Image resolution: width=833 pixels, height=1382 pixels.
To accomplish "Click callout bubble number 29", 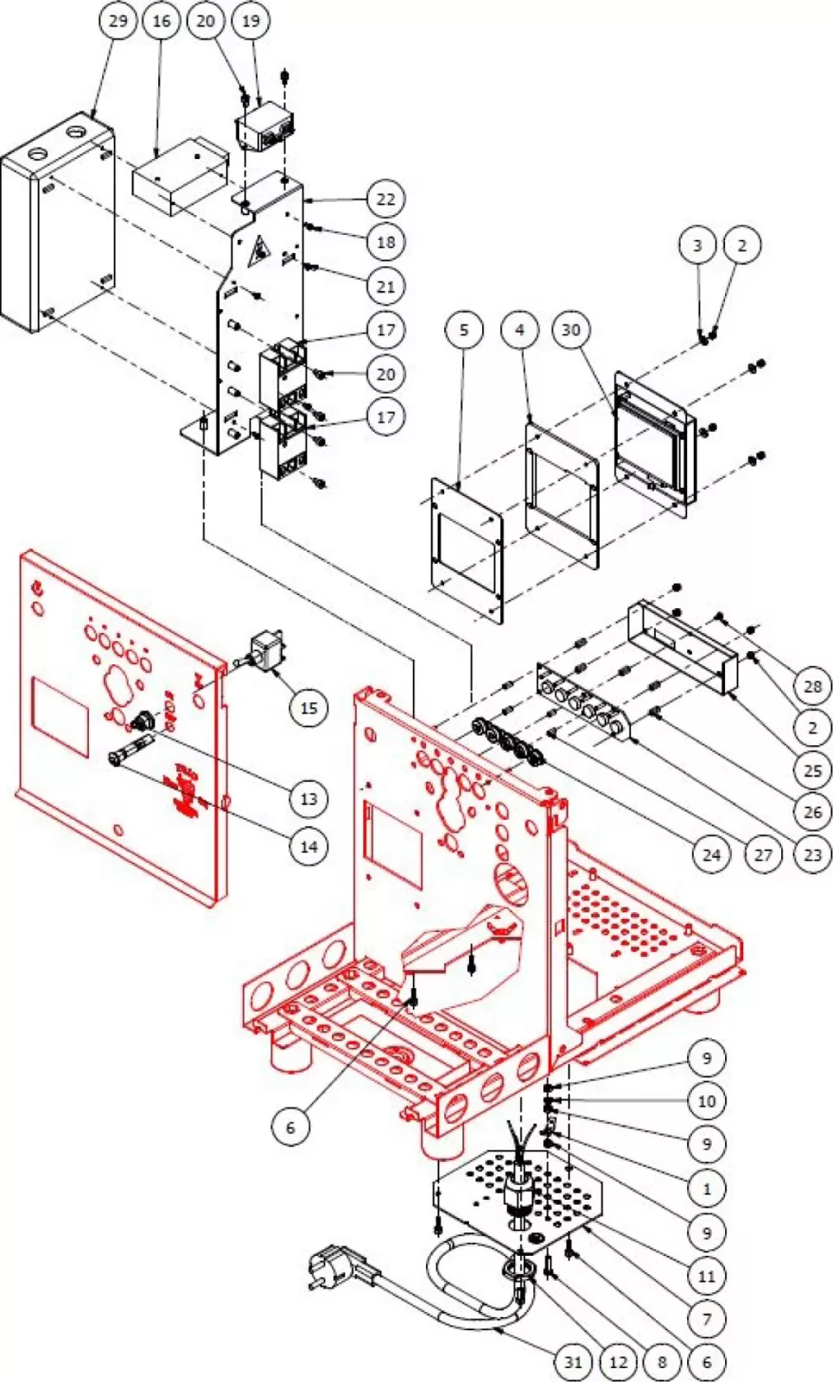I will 118,20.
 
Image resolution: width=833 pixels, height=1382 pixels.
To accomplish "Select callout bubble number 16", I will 162,20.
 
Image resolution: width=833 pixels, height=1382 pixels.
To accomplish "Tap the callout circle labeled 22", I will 385,200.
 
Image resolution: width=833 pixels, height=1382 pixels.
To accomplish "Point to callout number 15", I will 308,708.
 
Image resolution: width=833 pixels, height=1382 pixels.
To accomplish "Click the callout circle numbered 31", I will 574,1362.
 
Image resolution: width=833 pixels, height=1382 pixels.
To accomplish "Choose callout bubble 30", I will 571,330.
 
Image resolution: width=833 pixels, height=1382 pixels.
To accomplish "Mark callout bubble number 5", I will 464,330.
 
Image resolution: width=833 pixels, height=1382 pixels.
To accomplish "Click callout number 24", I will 711,854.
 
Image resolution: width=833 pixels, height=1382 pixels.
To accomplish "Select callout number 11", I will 707,1276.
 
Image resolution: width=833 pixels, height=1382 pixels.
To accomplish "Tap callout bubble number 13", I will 308,799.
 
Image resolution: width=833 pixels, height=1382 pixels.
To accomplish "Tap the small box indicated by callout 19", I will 264,127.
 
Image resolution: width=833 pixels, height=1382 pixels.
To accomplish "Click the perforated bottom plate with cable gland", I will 518,1196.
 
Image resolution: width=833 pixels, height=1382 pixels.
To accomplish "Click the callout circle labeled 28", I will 812,687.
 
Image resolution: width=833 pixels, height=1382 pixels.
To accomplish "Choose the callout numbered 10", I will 707,1101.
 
